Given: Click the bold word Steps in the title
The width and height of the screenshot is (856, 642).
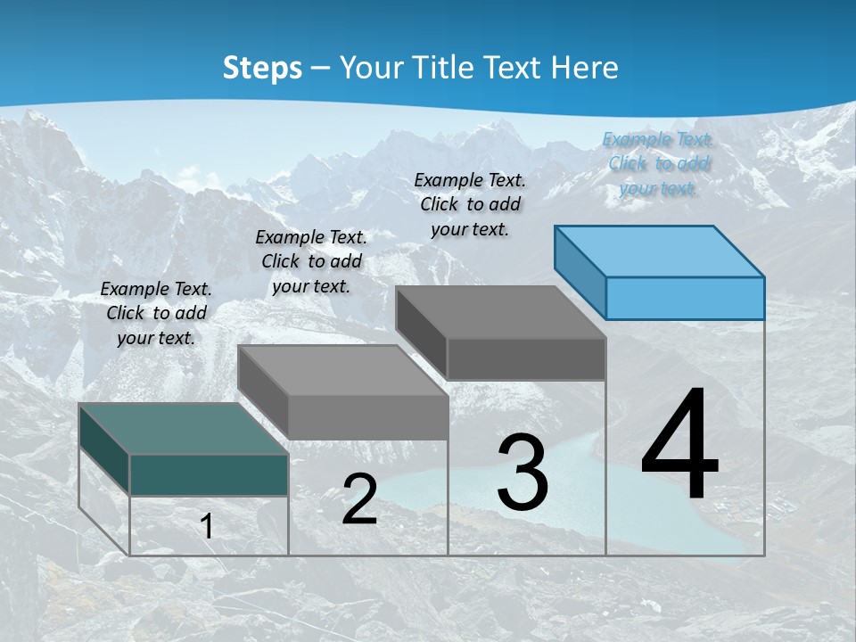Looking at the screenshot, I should coord(262,68).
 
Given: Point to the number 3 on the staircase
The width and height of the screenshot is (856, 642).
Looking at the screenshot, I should coord(523,472).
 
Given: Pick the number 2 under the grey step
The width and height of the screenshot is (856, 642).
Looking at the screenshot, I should coord(359,499).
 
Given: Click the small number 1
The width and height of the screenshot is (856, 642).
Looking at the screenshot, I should coord(207,526).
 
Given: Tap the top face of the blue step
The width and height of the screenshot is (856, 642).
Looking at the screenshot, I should coord(660,251).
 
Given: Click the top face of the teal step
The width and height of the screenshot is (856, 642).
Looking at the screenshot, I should coord(184,428).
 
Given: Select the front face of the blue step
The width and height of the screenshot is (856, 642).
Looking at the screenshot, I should coord(685,298).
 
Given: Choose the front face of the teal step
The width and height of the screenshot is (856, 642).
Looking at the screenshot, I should coord(209,474).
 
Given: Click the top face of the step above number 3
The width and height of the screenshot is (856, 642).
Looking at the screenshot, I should coord(500,312).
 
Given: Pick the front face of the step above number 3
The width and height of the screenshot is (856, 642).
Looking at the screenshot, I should coord(526,359).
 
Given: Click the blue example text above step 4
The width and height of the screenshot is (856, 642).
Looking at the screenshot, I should coord(658,163).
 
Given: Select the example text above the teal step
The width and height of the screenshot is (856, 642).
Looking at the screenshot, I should coord(156,313).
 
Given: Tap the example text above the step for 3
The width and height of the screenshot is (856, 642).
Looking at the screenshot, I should coord(470,204).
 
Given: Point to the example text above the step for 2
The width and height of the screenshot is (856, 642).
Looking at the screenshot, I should coord(311,261).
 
